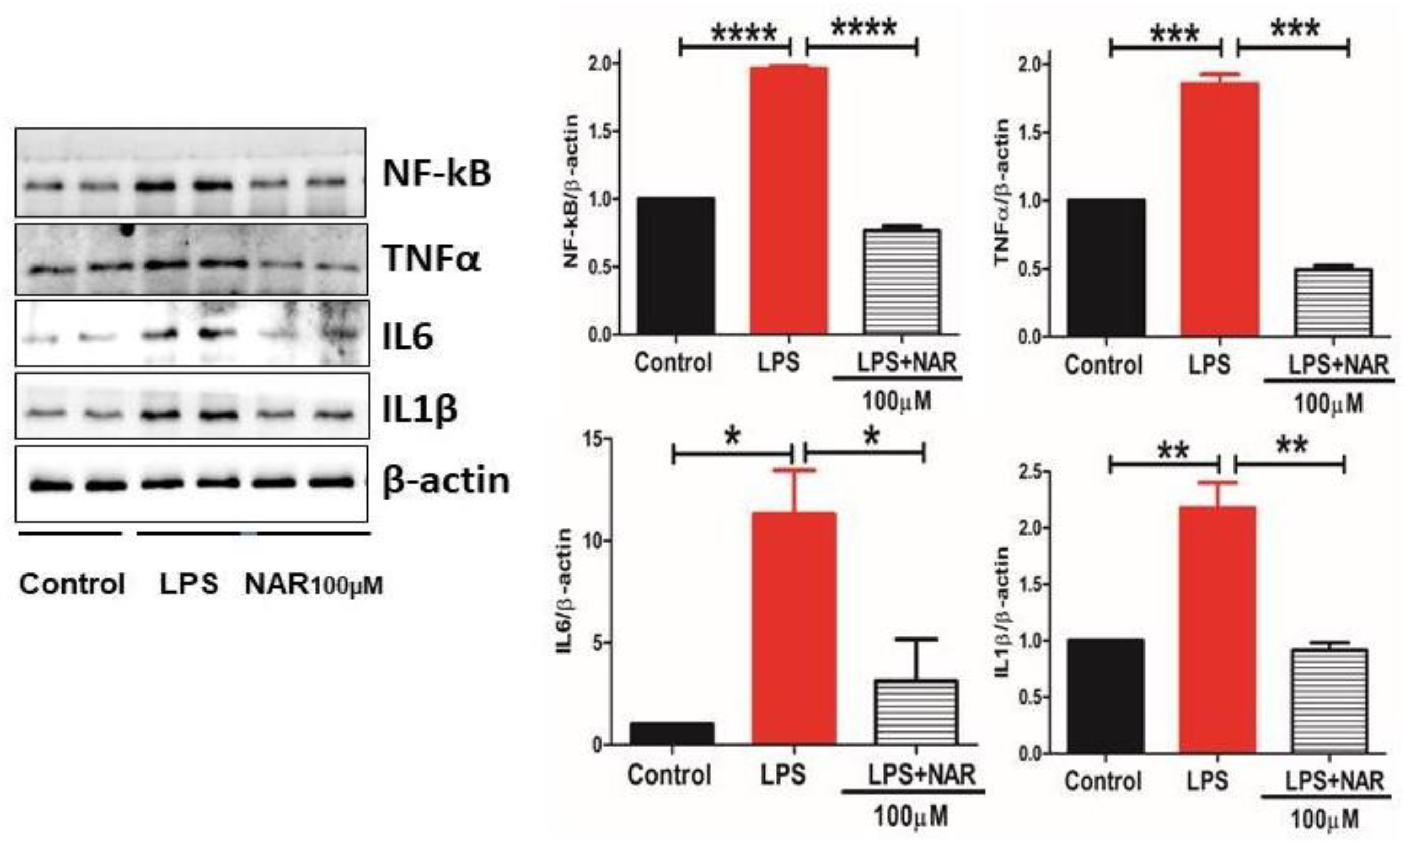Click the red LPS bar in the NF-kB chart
pos(789,199)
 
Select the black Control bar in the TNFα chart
pos(1106,268)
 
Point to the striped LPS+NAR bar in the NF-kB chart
pos(902,281)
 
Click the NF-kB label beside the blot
pos(436,173)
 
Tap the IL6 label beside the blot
pos(408,336)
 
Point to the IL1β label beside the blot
pos(419,409)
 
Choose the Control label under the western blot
pos(72,584)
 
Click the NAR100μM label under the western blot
pos(313,584)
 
